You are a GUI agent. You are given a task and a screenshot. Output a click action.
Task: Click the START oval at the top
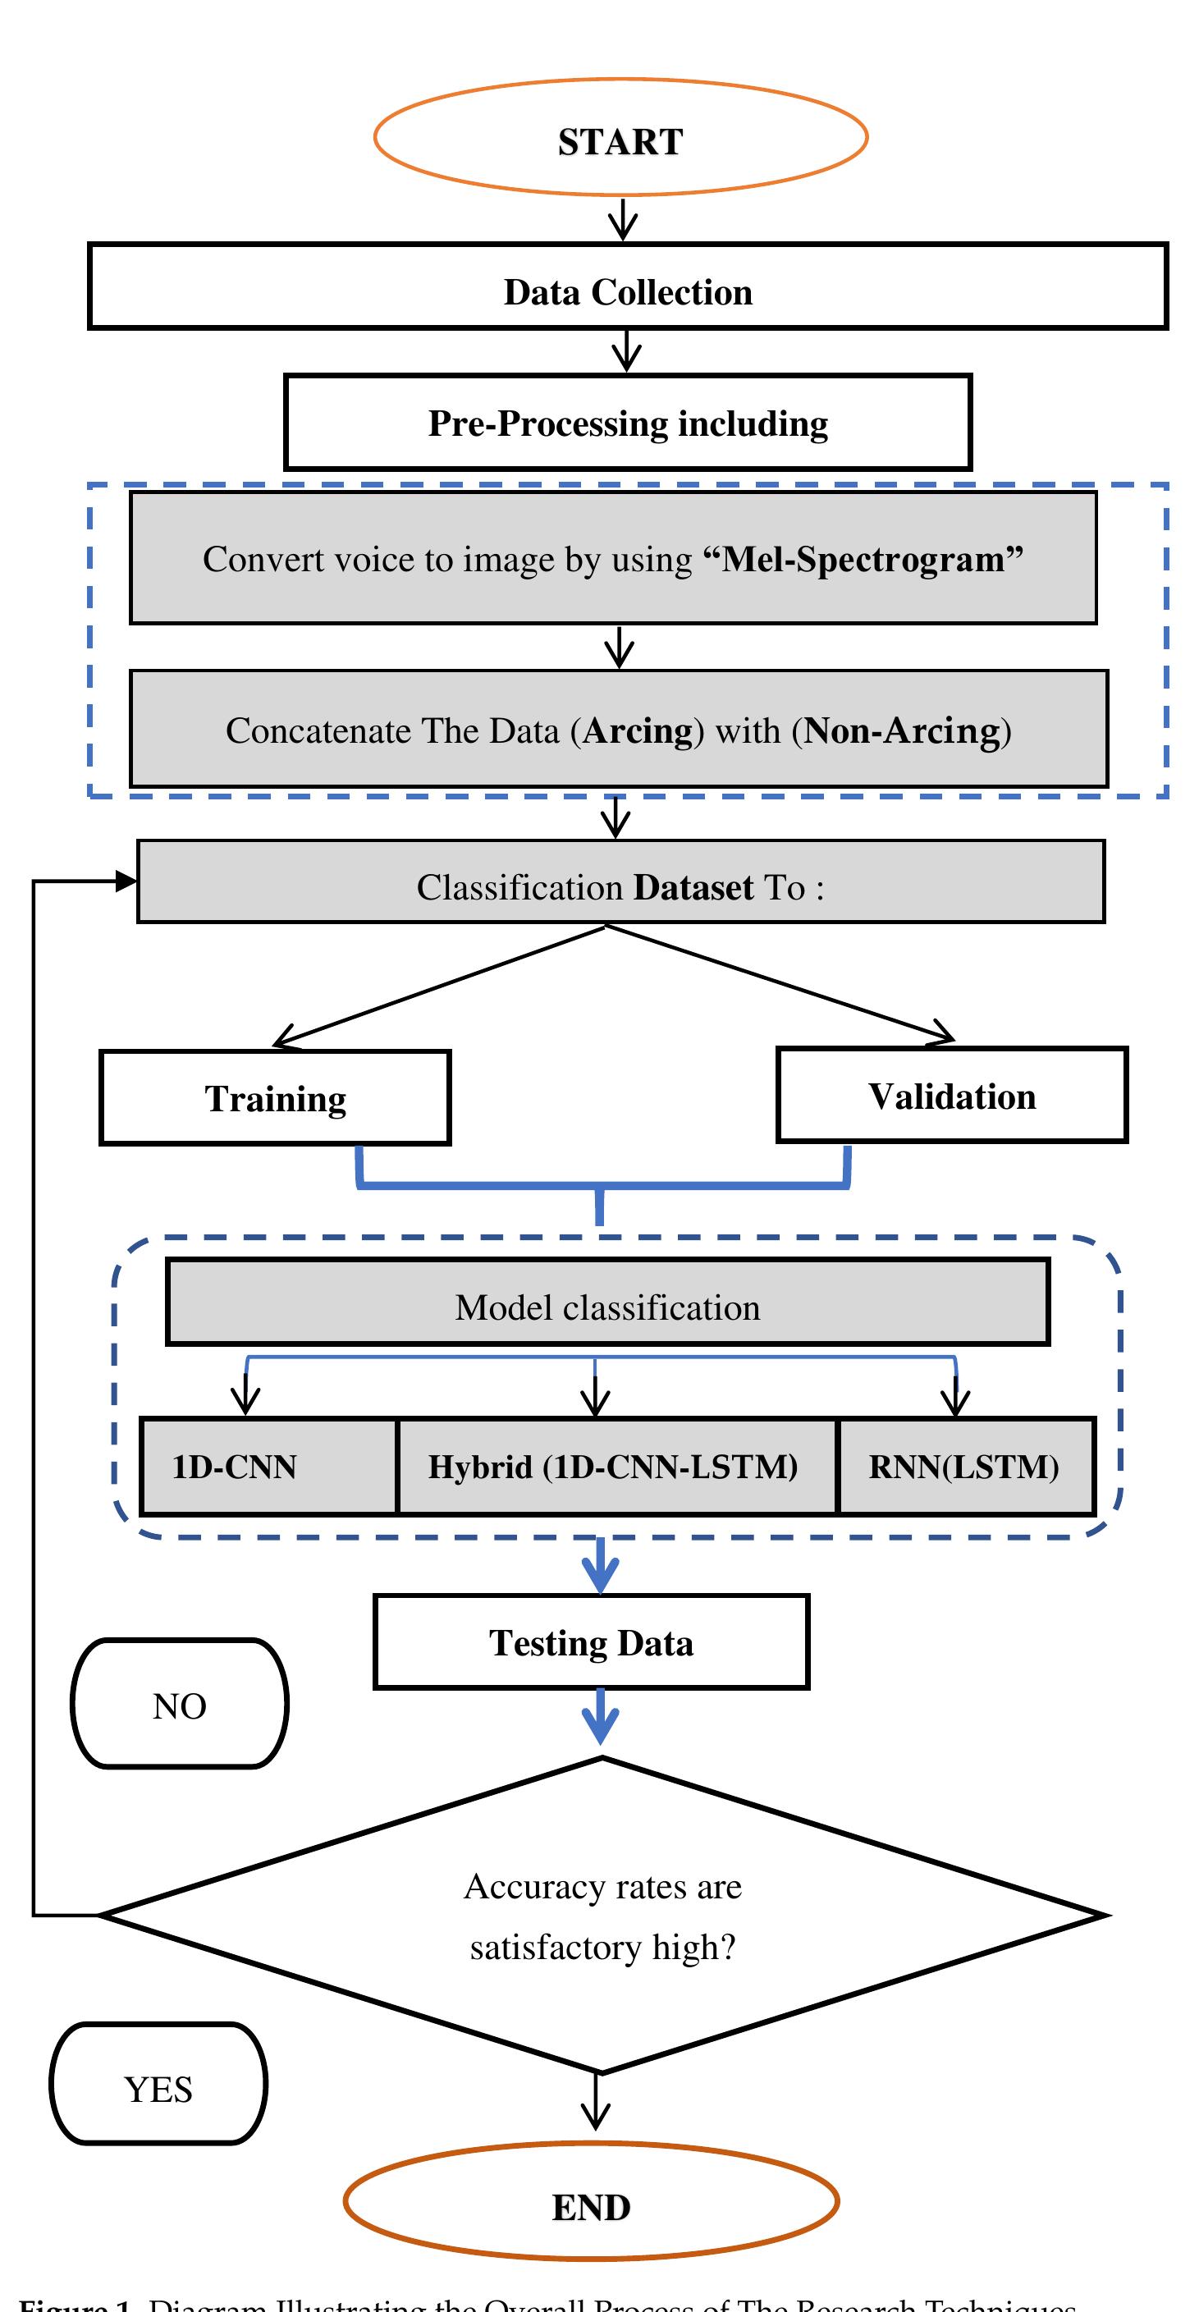point(620,137)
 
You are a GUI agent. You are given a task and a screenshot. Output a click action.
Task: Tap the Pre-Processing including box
point(627,423)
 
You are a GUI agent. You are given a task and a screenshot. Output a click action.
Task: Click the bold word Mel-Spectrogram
point(863,559)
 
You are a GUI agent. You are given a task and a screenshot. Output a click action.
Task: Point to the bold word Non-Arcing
point(901,730)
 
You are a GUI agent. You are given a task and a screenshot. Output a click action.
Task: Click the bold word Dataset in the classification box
point(693,888)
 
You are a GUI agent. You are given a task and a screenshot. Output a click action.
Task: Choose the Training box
point(275,1097)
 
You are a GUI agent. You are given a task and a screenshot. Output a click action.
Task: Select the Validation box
point(951,1095)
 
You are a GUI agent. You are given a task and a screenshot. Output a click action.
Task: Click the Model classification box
point(607,1303)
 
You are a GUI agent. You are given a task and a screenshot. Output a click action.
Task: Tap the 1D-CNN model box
point(269,1467)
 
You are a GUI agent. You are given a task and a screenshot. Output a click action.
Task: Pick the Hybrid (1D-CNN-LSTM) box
point(616,1467)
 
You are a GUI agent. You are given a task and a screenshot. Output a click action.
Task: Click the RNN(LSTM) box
point(966,1467)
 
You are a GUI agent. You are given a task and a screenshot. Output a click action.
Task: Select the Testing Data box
point(591,1642)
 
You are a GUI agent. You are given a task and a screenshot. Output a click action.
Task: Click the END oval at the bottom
point(591,2206)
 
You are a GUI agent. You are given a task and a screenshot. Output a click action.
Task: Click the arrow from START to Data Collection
point(622,219)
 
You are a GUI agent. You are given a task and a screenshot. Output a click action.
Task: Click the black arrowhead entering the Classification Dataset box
point(126,881)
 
